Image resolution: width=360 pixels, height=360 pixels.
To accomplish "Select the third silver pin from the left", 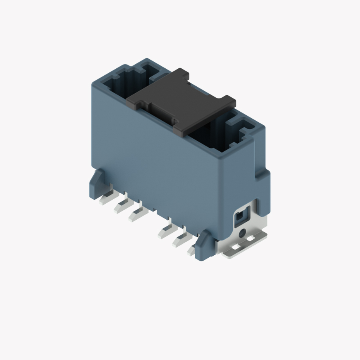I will point(136,214).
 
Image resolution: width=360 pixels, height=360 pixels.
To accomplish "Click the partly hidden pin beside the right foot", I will point(191,250).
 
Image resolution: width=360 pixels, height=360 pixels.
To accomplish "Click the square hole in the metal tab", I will point(241,216).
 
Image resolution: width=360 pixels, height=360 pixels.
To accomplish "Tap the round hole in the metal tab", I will point(243,234).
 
